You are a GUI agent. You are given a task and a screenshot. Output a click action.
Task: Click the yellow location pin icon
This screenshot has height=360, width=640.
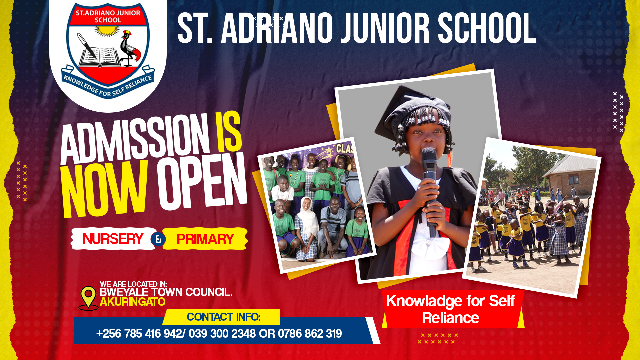click(x=88, y=296)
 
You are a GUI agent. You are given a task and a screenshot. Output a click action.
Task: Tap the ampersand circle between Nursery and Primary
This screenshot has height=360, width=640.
click(x=158, y=239)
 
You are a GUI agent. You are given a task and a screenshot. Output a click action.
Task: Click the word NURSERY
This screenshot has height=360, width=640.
click(x=113, y=239)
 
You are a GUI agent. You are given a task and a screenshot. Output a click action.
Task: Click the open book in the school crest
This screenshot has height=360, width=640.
click(x=99, y=57)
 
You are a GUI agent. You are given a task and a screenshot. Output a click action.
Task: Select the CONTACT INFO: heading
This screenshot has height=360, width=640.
click(x=223, y=317)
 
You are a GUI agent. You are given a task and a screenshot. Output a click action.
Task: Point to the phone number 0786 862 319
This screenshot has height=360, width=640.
click(x=310, y=334)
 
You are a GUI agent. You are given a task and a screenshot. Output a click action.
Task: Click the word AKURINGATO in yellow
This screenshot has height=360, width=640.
click(x=132, y=302)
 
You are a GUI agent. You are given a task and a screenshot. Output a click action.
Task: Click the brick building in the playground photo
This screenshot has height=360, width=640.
click(x=572, y=177)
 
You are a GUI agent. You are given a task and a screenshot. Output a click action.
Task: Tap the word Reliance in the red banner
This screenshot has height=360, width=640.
click(x=450, y=318)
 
